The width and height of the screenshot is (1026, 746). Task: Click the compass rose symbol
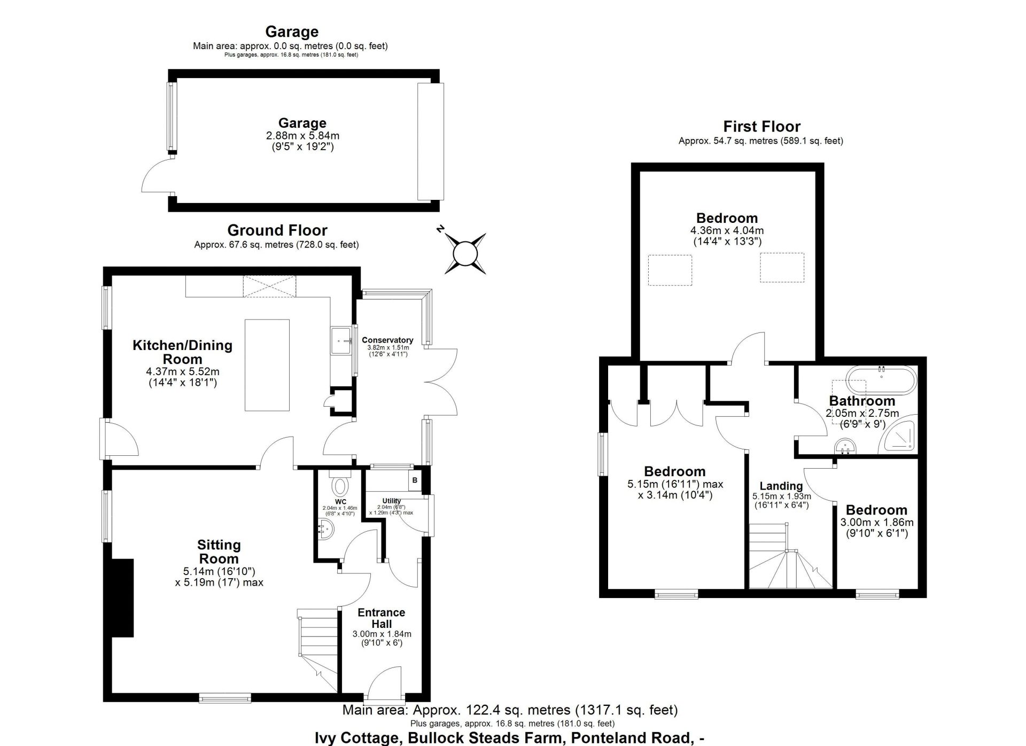tap(464, 253)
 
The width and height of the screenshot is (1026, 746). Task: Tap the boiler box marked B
tap(415, 481)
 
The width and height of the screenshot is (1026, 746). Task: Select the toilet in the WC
tap(339, 484)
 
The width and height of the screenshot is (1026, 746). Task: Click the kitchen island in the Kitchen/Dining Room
tap(267, 365)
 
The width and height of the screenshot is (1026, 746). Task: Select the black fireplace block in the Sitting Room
tap(122, 598)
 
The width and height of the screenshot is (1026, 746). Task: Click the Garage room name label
tap(302, 123)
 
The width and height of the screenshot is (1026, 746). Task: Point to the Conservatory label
tap(387, 340)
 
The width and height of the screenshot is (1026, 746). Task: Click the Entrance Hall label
tap(382, 618)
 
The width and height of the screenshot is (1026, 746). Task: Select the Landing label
tap(781, 486)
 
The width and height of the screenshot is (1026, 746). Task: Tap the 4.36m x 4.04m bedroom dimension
tap(727, 231)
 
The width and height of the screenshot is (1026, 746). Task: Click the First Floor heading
tap(762, 127)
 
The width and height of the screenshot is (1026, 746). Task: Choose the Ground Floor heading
tap(277, 230)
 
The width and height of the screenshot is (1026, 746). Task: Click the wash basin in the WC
tap(326, 529)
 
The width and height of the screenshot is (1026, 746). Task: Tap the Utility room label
tap(392, 501)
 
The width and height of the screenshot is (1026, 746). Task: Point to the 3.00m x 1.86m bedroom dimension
tap(877, 523)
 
